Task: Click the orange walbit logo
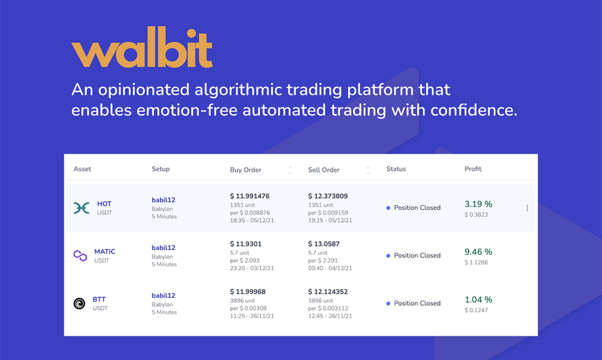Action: [x=142, y=47]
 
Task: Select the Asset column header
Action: [x=82, y=169]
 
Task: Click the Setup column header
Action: [x=161, y=169]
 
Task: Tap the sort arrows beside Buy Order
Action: [x=290, y=170]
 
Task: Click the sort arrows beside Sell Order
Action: [x=368, y=170]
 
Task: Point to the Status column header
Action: [x=396, y=169]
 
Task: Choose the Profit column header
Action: [x=472, y=169]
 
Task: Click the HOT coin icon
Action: [x=81, y=208]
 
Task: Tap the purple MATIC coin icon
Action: [x=80, y=255]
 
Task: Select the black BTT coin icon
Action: [x=79, y=303]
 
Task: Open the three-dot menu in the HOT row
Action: [x=527, y=208]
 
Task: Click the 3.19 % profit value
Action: [x=479, y=204]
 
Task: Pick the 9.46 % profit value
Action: [x=479, y=252]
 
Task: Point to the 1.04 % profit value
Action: [x=479, y=300]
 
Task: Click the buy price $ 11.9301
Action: [x=246, y=244]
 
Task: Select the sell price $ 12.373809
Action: [x=328, y=196]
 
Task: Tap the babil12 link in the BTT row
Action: [x=163, y=296]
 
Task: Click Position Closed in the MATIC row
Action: [x=417, y=255]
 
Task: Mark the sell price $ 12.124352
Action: [x=328, y=291]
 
